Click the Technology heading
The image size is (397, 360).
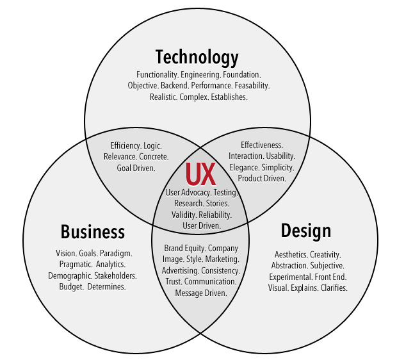point(197,57)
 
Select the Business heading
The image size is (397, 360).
point(92,231)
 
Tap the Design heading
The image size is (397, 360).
point(305,230)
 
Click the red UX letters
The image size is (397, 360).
point(199,175)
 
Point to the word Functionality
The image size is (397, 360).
point(157,75)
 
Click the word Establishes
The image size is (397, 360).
point(229,97)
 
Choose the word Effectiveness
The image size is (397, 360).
point(262,145)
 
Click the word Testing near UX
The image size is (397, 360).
point(225,192)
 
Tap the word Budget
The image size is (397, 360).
point(72,286)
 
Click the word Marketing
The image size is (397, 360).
point(222,259)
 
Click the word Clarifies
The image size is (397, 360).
point(330,288)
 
